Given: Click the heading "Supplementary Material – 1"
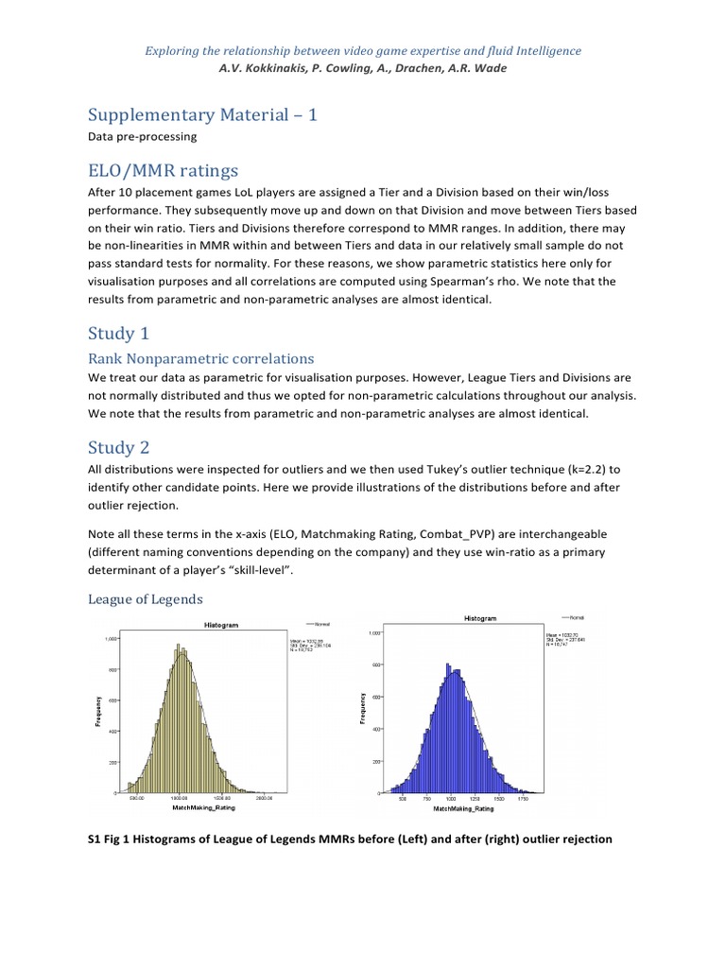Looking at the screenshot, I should click(202, 114).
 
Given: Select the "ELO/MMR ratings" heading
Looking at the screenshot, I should click(164, 170).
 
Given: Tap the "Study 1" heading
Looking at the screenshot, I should click(119, 334).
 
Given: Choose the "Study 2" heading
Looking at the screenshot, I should click(119, 447).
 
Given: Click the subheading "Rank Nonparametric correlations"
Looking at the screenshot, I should click(200, 359).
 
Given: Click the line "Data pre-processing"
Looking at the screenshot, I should click(142, 137).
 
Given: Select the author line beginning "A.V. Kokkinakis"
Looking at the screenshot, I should click(363, 67).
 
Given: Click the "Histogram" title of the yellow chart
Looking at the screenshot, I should click(222, 626).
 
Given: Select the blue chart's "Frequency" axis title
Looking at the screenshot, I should click(365, 710).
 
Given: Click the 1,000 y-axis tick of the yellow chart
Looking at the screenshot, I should click(111, 639).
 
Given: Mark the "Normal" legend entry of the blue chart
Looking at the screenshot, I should click(576, 617).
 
